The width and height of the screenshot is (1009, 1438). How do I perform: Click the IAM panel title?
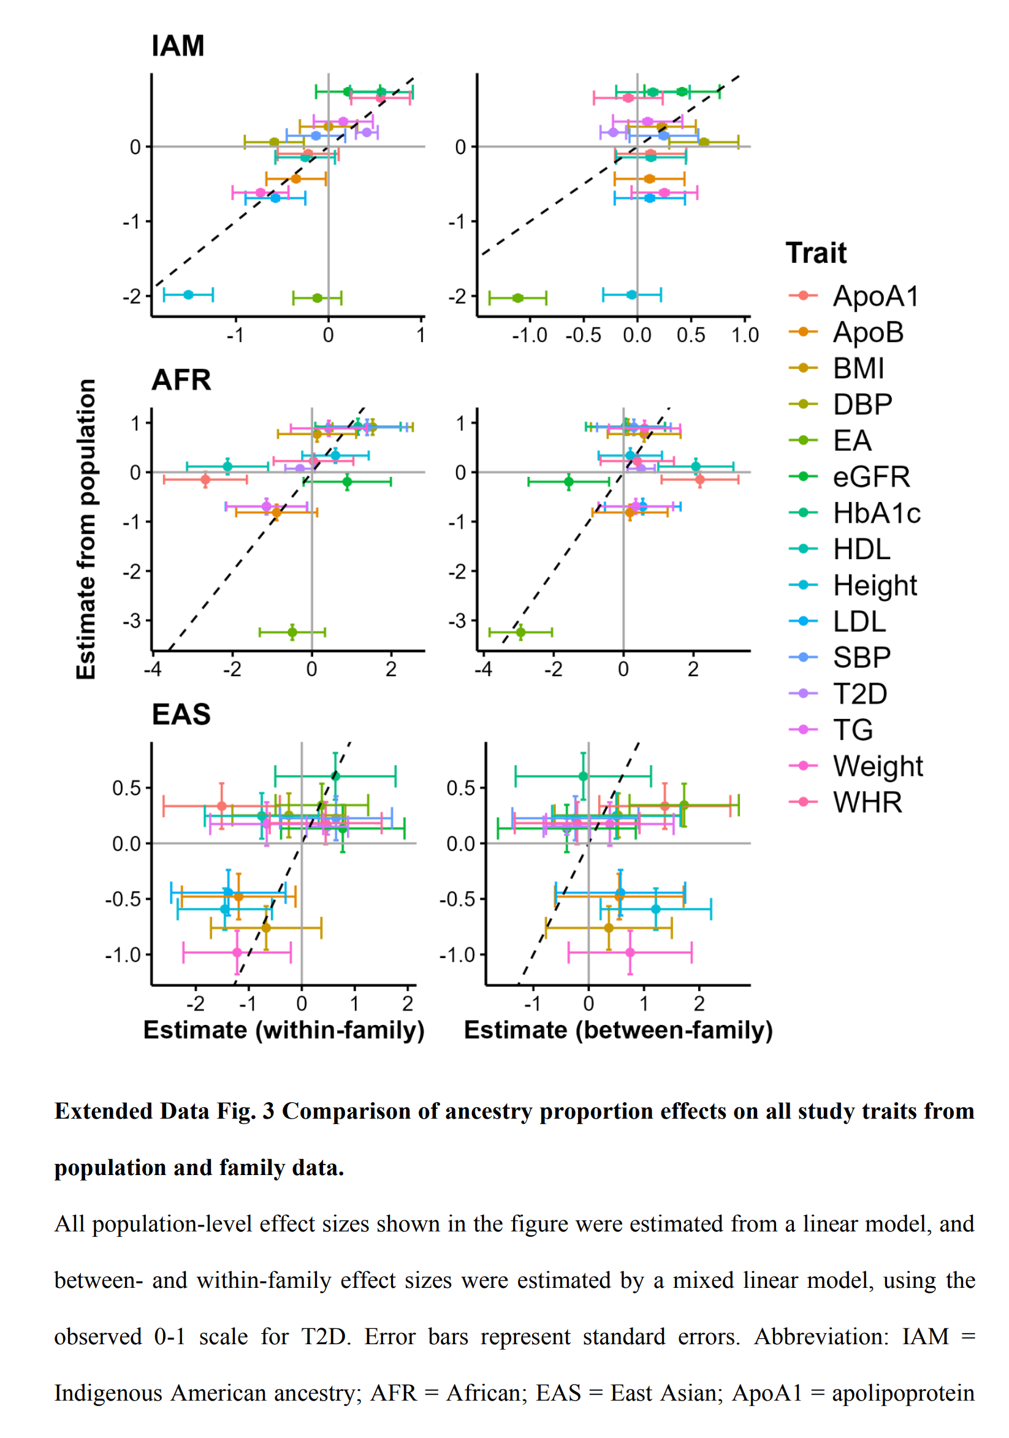coord(178,47)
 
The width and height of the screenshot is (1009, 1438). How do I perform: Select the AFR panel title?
coord(181,380)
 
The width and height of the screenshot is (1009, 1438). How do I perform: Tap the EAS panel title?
coord(181,715)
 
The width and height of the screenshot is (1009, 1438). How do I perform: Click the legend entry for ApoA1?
coord(874,296)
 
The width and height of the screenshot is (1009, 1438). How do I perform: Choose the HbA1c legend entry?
coord(875,514)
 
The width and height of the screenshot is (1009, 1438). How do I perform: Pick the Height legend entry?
coord(874,585)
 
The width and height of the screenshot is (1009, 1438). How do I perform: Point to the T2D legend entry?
coord(859,694)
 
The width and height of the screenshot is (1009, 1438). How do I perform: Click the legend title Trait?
coord(815,254)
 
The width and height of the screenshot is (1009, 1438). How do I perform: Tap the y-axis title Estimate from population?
coord(86,529)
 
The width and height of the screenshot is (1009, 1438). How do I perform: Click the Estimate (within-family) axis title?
coord(284,1030)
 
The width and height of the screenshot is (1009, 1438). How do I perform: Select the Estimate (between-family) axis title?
coord(618,1030)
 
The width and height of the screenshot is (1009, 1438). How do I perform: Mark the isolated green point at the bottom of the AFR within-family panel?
coord(292,632)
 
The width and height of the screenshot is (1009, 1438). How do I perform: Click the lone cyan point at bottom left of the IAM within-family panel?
coord(188,295)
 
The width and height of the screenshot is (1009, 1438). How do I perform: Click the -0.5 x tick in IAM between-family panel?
coord(582,336)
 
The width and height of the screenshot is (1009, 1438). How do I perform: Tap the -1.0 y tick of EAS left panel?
coord(127,955)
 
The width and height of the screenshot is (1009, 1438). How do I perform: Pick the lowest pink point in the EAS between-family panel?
coord(630,953)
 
